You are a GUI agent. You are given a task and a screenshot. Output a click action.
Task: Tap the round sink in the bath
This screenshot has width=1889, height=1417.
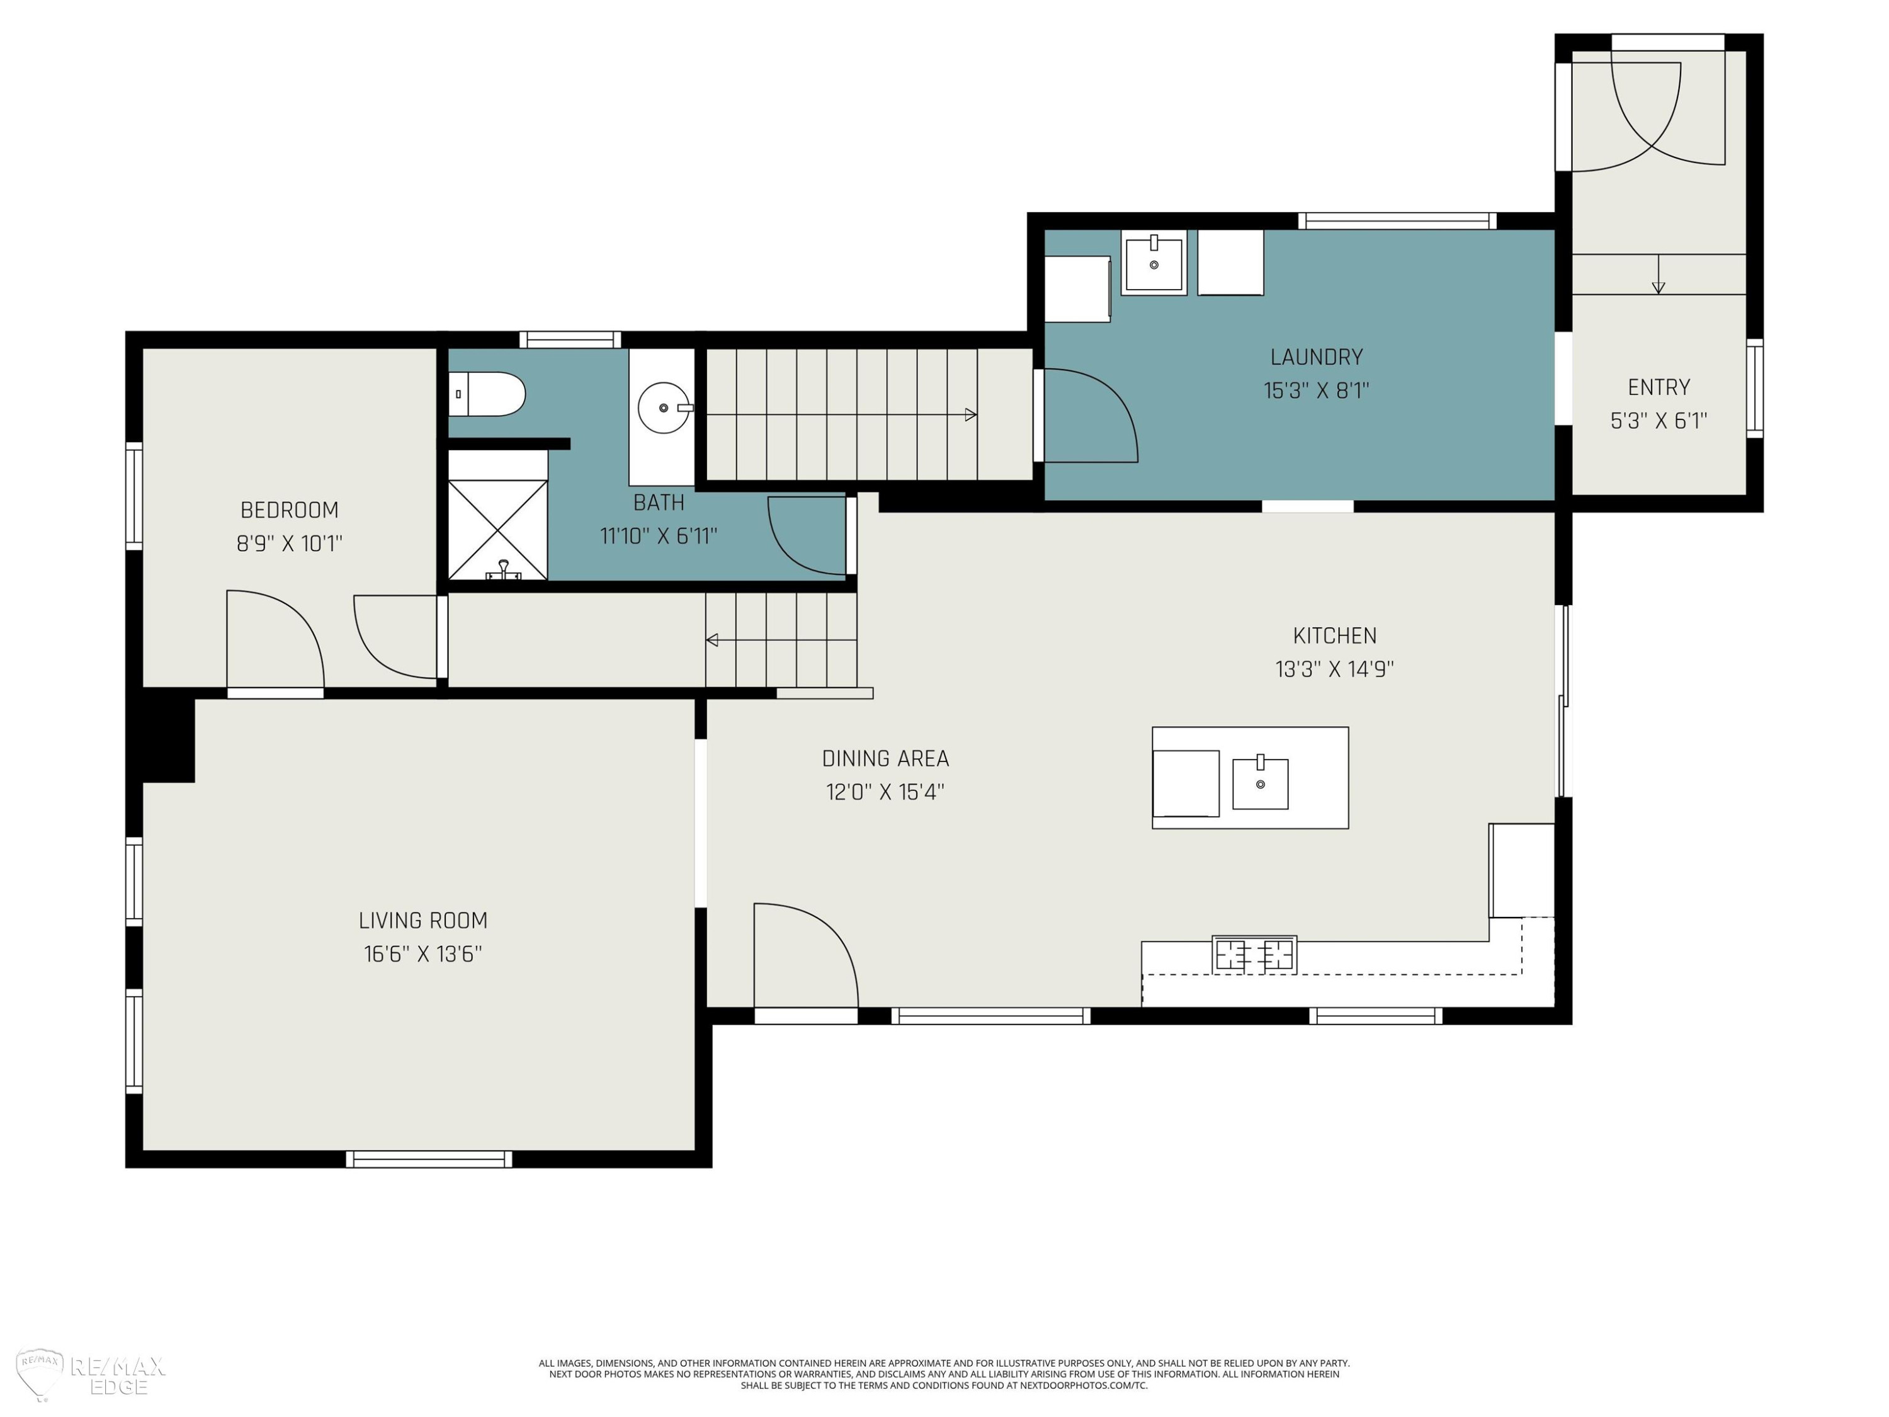[x=664, y=408]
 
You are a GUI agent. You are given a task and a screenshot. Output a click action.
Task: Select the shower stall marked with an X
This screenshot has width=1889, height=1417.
[x=498, y=530]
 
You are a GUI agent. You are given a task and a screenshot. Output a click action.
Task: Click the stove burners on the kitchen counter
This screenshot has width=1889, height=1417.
[x=1254, y=955]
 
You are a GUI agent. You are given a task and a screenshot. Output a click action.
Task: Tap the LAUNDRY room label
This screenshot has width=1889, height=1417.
[x=1316, y=357]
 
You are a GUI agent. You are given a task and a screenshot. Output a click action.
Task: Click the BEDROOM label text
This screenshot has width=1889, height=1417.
[x=290, y=510]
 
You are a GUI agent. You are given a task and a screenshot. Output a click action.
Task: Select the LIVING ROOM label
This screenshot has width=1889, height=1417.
[x=423, y=920]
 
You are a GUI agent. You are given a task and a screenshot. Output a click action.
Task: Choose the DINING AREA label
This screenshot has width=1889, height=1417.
[x=885, y=758]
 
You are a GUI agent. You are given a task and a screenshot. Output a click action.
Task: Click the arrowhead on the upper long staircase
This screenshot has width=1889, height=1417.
[x=971, y=415]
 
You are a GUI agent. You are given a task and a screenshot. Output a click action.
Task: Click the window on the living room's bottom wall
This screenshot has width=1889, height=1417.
[x=429, y=1159]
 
